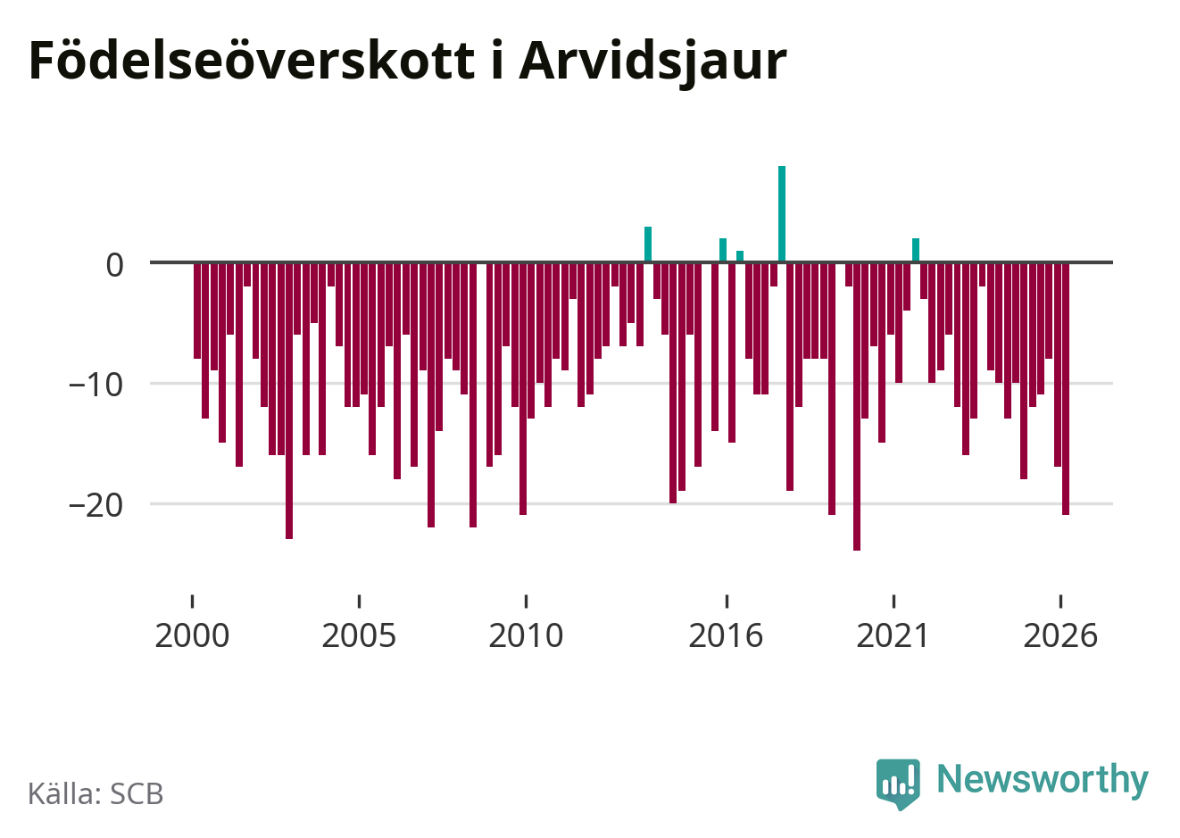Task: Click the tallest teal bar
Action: [x=782, y=214]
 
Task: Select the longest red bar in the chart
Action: [x=857, y=406]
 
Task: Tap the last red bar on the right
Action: [x=1066, y=388]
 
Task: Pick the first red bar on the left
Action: [x=197, y=311]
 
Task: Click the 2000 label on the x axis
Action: [x=192, y=635]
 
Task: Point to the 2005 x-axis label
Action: [x=359, y=635]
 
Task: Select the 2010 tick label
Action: [x=526, y=635]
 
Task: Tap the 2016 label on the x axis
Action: [x=726, y=635]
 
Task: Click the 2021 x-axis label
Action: [x=893, y=635]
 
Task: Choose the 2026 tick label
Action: [x=1060, y=635]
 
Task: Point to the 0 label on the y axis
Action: [x=115, y=265]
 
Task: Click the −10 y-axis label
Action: [x=96, y=385]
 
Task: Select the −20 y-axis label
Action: [x=96, y=505]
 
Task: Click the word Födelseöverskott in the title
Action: [x=252, y=60]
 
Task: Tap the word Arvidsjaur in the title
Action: [x=652, y=63]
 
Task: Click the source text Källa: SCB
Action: [x=96, y=793]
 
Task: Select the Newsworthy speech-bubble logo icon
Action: [x=898, y=784]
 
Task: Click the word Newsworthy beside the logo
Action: [x=1043, y=779]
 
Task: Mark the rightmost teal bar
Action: [x=916, y=250]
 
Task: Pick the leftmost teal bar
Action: [x=648, y=244]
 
